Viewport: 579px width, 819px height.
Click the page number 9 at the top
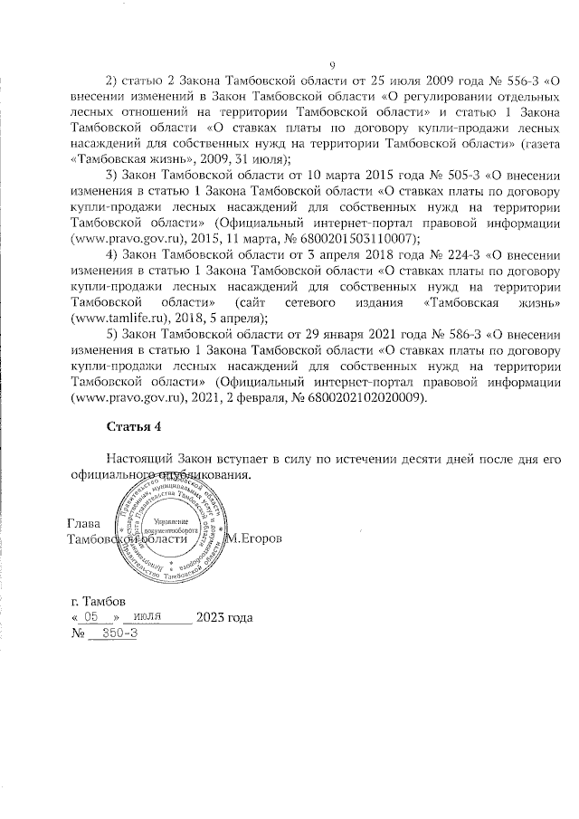(332, 64)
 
